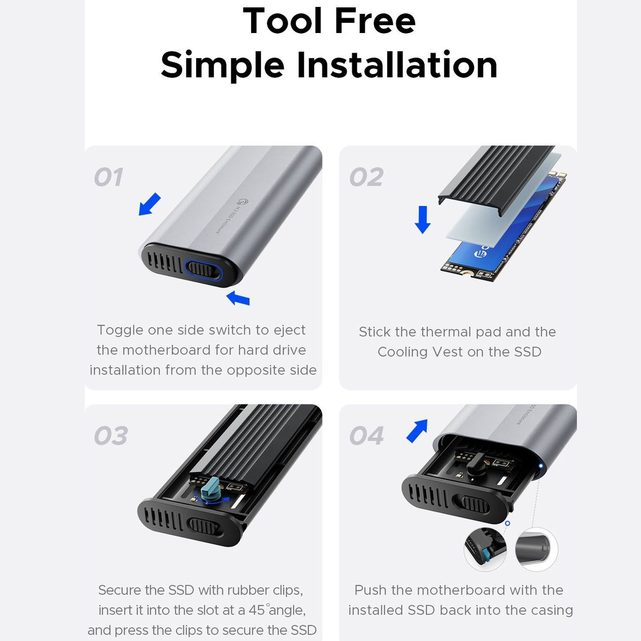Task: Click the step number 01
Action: [x=109, y=177]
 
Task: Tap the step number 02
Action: [x=366, y=177]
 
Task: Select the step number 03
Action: [x=111, y=436]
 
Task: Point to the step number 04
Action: [x=366, y=436]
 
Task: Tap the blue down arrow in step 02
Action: [x=423, y=219]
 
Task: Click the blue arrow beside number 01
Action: [x=150, y=204]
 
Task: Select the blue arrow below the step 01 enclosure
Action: [x=238, y=298]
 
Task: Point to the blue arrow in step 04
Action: [x=417, y=431]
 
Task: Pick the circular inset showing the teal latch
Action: [x=485, y=549]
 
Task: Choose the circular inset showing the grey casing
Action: [x=536, y=549]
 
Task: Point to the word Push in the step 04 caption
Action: [x=371, y=590]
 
